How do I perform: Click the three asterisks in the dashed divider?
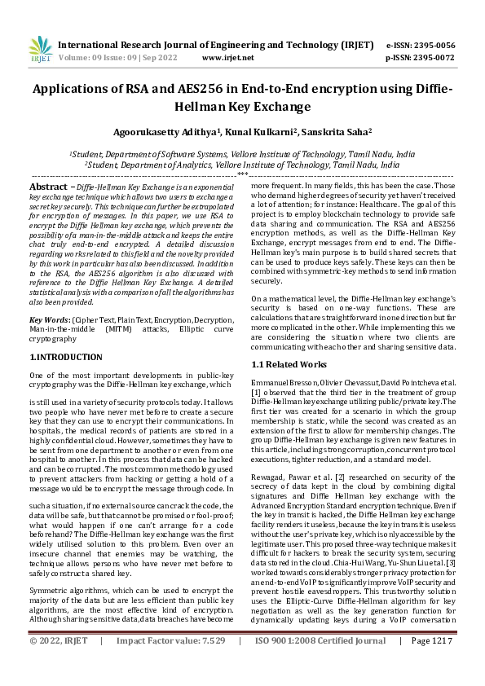242,174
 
